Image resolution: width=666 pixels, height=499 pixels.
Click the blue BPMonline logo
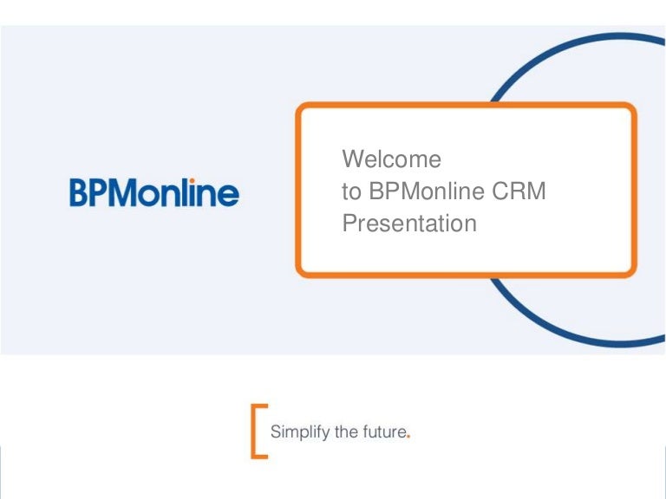(x=154, y=192)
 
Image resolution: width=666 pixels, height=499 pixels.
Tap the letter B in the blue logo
(x=80, y=192)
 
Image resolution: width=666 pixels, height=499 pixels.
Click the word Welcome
(x=391, y=160)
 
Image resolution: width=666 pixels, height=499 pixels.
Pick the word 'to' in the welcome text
(x=352, y=192)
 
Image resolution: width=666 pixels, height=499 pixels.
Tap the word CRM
(x=520, y=192)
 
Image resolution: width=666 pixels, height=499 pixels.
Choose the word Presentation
(x=409, y=224)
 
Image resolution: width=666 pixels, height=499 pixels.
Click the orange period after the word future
(x=408, y=437)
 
